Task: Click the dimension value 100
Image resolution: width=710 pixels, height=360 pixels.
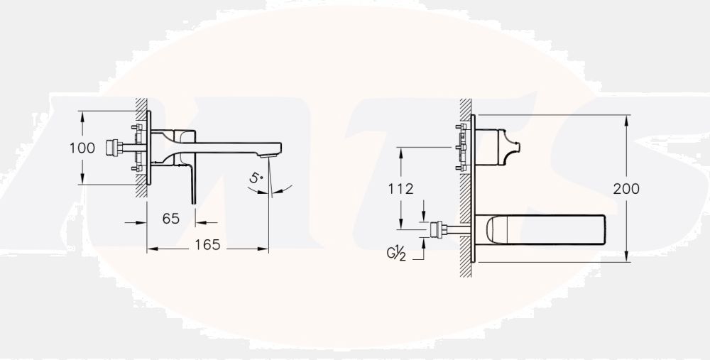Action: point(82,148)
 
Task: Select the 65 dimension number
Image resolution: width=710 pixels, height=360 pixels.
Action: point(170,219)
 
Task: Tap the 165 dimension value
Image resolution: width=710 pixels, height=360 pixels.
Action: point(207,245)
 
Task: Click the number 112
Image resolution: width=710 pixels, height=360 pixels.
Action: point(401,189)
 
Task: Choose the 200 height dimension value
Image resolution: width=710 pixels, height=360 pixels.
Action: point(626,189)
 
